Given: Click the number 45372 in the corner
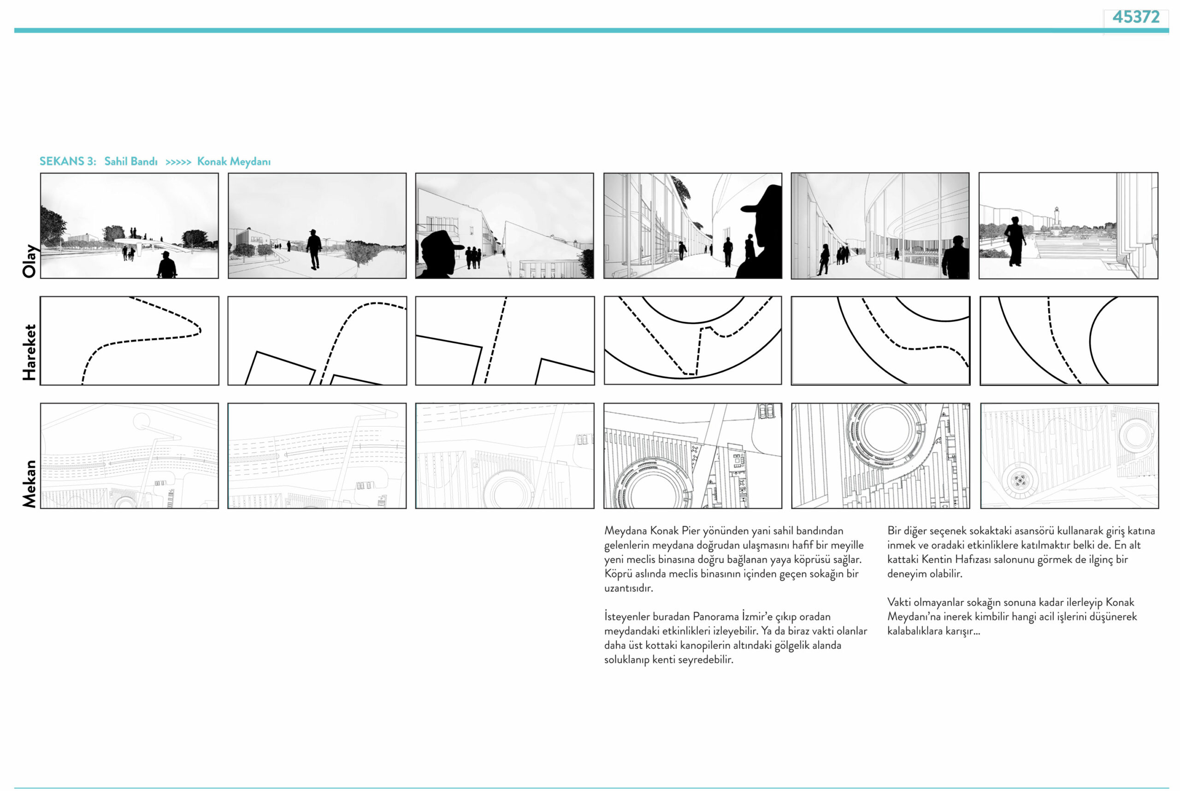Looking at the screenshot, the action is click(x=1136, y=17).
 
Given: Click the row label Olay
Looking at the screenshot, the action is click(x=29, y=261).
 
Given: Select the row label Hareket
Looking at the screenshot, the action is click(x=29, y=352).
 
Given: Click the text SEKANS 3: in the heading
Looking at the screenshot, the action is click(x=68, y=161).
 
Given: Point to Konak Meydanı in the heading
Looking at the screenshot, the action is click(x=234, y=161).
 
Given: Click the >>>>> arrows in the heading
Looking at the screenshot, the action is click(x=178, y=162).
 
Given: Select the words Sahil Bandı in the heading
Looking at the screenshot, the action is click(x=130, y=161).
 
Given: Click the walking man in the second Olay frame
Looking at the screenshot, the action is click(x=314, y=249).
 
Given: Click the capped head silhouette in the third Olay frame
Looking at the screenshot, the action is click(x=440, y=254).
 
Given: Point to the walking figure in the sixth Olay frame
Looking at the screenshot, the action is click(x=1015, y=241).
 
